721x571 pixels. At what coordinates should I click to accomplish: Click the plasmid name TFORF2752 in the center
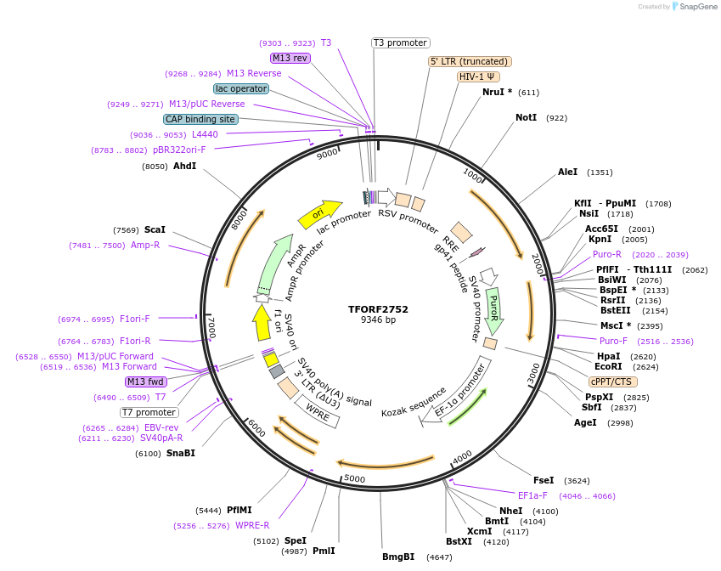pyautogui.click(x=378, y=309)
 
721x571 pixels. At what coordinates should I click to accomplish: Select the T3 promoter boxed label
pyautogui.click(x=401, y=42)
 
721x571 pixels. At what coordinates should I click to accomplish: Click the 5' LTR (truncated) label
pyautogui.click(x=469, y=61)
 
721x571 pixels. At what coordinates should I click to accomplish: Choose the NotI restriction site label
pyautogui.click(x=527, y=117)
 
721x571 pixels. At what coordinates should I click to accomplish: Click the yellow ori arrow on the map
pyautogui.click(x=319, y=213)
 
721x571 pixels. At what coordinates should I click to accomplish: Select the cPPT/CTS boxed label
pyautogui.click(x=611, y=382)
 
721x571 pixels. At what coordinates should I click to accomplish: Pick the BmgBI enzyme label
pyautogui.click(x=398, y=557)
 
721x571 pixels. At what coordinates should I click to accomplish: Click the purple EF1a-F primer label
pyautogui.click(x=532, y=495)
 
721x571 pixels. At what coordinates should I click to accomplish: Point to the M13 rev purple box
pyautogui.click(x=290, y=58)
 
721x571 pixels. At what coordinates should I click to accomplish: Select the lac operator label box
pyautogui.click(x=241, y=88)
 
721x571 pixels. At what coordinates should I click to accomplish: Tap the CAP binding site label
pyautogui.click(x=200, y=119)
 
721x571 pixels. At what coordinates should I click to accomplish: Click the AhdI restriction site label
pyautogui.click(x=185, y=166)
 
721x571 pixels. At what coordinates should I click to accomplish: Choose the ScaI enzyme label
pyautogui.click(x=155, y=229)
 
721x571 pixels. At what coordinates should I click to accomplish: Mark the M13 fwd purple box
pyautogui.click(x=146, y=382)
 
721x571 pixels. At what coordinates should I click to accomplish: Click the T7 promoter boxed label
pyautogui.click(x=149, y=412)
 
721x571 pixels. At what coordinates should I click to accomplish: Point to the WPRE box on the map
pyautogui.click(x=318, y=414)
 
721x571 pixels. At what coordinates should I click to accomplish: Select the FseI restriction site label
pyautogui.click(x=544, y=480)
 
